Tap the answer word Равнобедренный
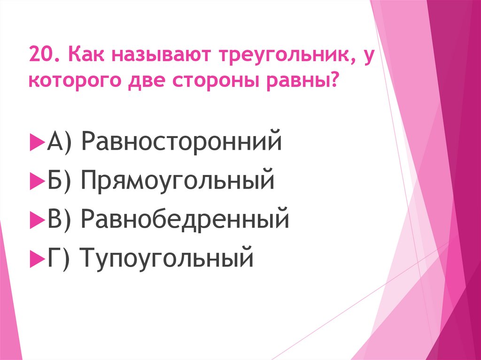184,219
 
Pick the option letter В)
58,219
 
